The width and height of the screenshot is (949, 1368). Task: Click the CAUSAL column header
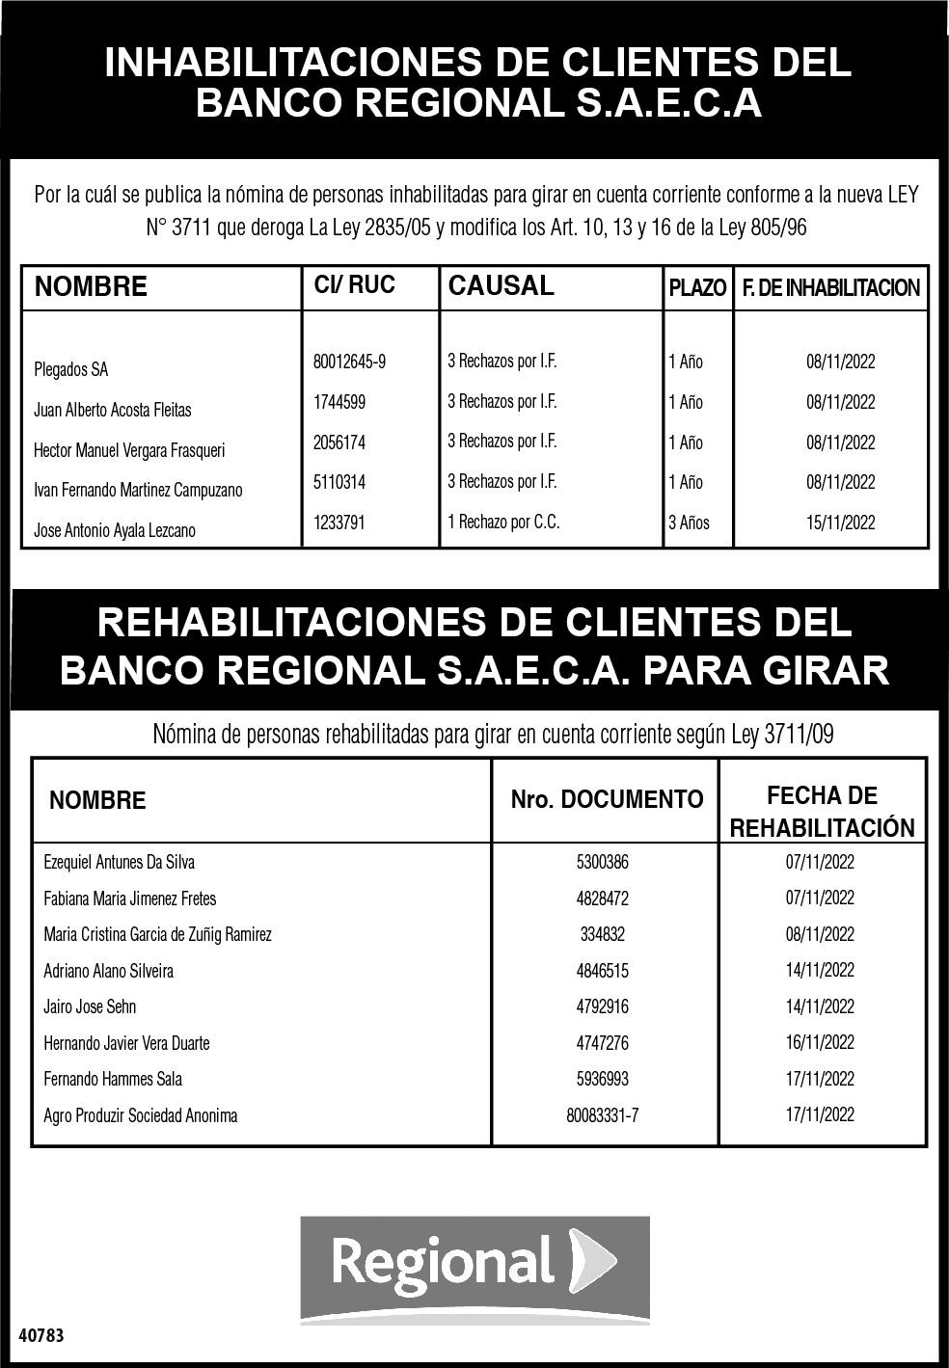click(x=502, y=286)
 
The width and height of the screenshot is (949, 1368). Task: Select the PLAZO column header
click(x=697, y=288)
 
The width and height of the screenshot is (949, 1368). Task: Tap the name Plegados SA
click(x=71, y=369)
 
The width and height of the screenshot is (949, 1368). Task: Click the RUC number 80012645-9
click(x=349, y=362)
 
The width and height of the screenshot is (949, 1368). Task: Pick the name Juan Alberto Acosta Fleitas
click(x=113, y=410)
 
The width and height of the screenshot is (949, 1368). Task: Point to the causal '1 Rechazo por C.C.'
click(x=503, y=523)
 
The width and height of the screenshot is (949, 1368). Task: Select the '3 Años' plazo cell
click(x=689, y=523)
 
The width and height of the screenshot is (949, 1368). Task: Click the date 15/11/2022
click(x=841, y=523)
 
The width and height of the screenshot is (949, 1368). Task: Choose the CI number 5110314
click(x=339, y=482)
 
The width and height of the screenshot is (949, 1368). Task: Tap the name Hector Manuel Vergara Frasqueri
click(x=129, y=450)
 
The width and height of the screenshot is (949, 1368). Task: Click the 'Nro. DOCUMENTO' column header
click(x=607, y=799)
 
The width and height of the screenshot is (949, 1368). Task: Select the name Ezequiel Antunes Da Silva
click(x=120, y=862)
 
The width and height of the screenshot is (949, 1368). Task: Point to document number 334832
click(x=603, y=934)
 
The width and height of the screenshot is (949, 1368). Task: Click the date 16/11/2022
click(x=820, y=1042)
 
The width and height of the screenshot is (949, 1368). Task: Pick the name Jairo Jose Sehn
click(x=90, y=1006)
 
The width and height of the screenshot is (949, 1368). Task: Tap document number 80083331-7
click(x=603, y=1115)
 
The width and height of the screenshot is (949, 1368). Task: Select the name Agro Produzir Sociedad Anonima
click(x=141, y=1115)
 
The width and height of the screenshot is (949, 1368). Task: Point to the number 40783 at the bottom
click(x=41, y=1336)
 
